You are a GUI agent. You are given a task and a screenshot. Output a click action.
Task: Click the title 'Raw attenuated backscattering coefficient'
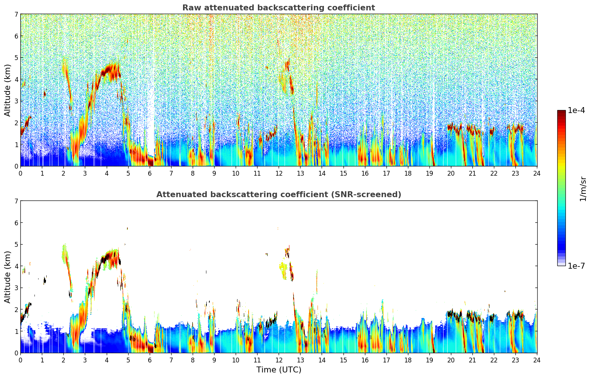pos(278,8)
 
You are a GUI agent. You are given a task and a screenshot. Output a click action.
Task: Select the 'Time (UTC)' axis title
pos(279,369)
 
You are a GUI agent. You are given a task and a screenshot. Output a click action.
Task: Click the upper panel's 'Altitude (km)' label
pos(8,90)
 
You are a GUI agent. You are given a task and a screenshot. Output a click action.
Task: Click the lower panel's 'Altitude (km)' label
pos(8,277)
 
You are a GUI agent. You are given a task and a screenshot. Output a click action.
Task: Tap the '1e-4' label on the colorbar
pos(576,110)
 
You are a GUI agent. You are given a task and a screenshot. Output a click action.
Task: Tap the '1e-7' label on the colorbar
pos(576,266)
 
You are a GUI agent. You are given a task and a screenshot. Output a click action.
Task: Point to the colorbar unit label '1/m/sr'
pos(583,188)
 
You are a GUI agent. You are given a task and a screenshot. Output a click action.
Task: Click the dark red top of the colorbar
pos(561,112)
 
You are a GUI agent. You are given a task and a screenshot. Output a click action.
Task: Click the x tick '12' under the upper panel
pos(279,173)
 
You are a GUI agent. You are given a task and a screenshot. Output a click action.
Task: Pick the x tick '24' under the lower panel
pos(537,360)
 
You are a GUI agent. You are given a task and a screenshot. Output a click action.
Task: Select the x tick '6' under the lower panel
pos(150,360)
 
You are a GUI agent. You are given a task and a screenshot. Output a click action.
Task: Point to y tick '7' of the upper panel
pos(16,14)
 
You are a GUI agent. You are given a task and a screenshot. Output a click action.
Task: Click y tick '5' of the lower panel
pos(16,244)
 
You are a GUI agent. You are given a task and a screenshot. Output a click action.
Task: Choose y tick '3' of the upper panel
pos(16,101)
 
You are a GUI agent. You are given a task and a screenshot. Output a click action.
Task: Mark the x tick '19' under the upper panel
pos(429,173)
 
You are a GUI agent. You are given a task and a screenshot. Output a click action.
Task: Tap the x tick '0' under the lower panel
pos(20,360)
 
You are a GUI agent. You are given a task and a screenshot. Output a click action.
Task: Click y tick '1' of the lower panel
pos(16,331)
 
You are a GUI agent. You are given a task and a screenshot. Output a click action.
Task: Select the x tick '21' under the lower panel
pos(472,360)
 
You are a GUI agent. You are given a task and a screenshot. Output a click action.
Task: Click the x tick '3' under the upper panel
pos(85,173)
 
